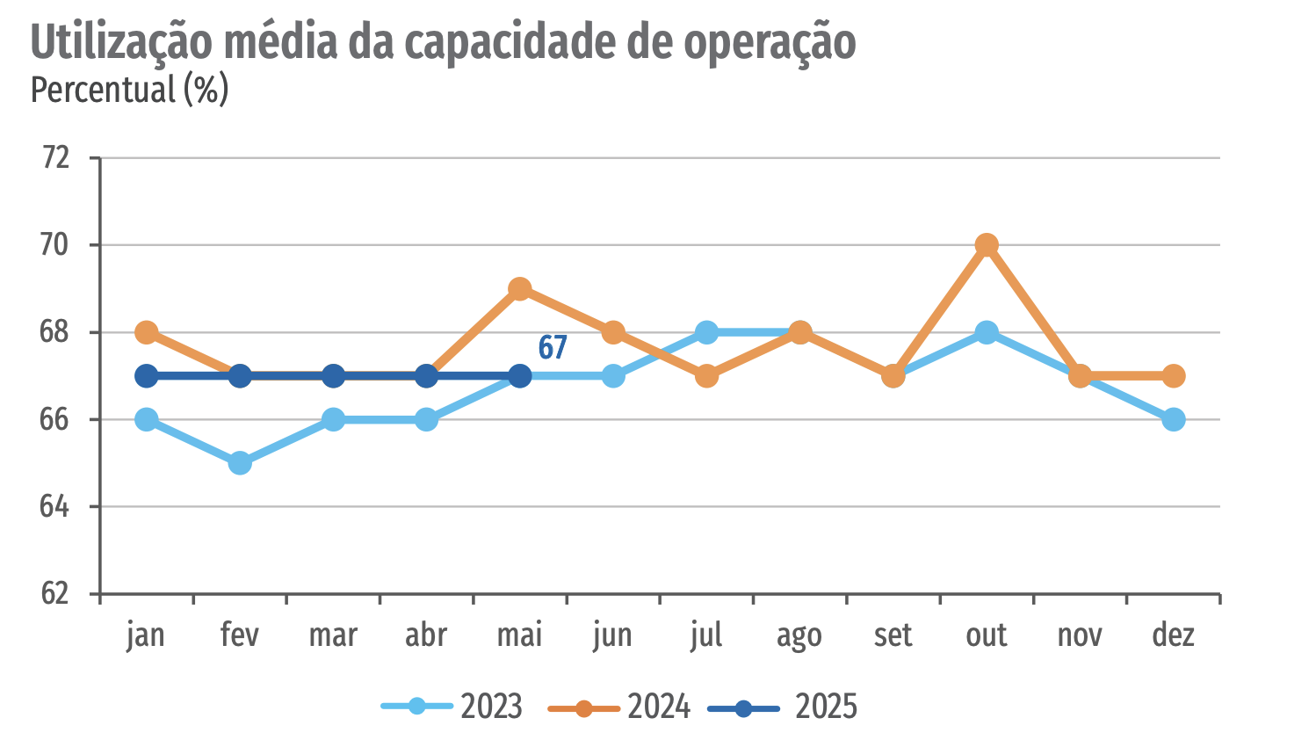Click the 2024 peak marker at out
point(987,245)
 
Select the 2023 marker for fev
point(240,463)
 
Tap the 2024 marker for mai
point(520,289)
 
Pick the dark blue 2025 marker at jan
point(147,376)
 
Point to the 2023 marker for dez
point(1174,419)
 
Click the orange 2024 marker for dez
point(1174,376)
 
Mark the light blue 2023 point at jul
point(707,332)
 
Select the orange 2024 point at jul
point(707,376)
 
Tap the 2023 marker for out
point(987,332)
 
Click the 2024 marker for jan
point(147,332)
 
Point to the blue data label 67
point(553,348)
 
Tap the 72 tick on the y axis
point(54,157)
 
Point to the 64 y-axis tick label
point(54,506)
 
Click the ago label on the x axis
point(799,635)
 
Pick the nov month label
point(1080,635)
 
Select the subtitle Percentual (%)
point(129,90)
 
